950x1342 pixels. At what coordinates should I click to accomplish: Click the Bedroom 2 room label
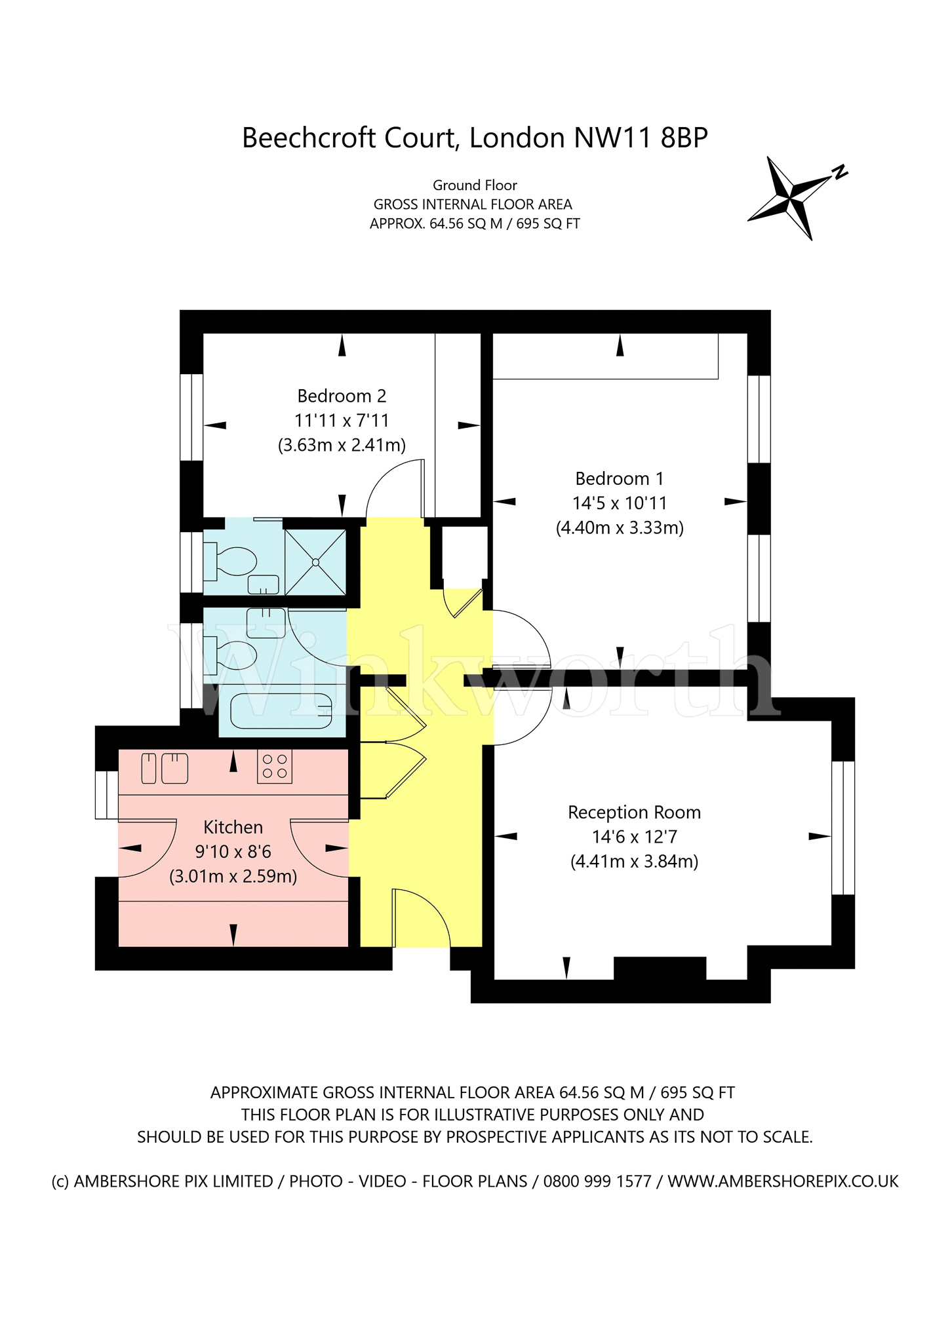342,396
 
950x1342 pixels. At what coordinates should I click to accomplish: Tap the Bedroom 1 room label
619,478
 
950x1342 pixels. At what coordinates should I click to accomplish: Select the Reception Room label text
634,813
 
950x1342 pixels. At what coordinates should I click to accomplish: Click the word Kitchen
233,827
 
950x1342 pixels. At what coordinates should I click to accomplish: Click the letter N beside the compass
840,172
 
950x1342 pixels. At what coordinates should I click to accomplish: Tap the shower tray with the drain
315,562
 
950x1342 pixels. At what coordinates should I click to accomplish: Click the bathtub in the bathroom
281,710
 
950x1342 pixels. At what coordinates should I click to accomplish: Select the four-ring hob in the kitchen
274,766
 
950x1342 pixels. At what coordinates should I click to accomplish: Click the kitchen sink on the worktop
165,768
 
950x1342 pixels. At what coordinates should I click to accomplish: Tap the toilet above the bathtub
230,655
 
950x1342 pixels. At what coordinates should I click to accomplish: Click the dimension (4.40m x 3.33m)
620,527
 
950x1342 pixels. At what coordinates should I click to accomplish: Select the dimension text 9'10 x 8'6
233,852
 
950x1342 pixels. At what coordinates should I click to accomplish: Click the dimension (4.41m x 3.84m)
634,861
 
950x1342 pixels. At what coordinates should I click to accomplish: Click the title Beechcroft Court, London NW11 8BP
475,138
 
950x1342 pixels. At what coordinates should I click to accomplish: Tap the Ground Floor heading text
475,185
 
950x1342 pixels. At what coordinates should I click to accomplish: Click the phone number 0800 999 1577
597,1181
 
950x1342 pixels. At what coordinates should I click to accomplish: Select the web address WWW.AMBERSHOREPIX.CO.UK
783,1181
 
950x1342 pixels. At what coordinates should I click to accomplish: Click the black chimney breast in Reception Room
660,968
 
